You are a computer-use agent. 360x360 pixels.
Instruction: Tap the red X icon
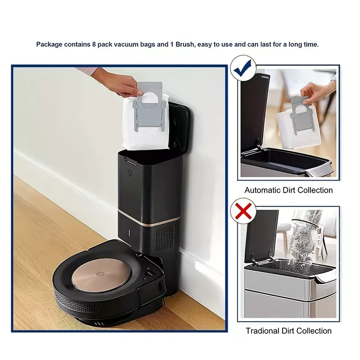coord(243,211)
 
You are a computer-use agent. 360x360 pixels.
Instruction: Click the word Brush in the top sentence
coord(185,44)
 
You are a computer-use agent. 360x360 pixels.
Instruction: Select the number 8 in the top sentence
coord(94,44)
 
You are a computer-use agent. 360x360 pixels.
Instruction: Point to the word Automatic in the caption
coord(263,190)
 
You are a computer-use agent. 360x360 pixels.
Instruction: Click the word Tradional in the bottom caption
coord(263,331)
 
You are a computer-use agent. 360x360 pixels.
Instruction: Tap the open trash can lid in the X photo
coord(261,237)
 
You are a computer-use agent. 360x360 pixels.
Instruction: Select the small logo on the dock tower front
coord(130,172)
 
